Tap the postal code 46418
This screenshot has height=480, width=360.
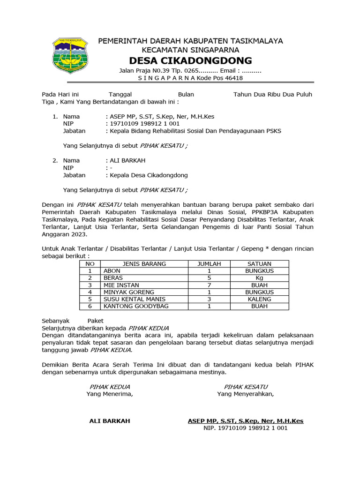(x=233, y=78)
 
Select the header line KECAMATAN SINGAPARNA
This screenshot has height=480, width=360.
(x=190, y=50)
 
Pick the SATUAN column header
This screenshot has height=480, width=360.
(x=259, y=264)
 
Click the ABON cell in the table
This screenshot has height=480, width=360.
(x=112, y=271)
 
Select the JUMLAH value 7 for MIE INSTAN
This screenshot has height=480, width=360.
(x=210, y=285)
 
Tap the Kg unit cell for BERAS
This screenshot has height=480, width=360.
(x=259, y=278)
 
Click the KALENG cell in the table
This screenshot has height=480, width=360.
(x=259, y=299)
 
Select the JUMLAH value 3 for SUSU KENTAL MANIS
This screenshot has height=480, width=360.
(x=210, y=299)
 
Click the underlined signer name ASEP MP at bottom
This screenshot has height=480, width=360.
(x=245, y=421)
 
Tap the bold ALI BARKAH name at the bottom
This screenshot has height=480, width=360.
(x=110, y=421)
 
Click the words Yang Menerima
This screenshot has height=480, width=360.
(x=110, y=394)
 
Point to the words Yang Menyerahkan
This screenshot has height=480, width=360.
(x=245, y=394)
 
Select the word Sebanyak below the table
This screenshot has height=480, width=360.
(x=56, y=321)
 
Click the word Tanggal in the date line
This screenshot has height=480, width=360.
(x=120, y=94)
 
